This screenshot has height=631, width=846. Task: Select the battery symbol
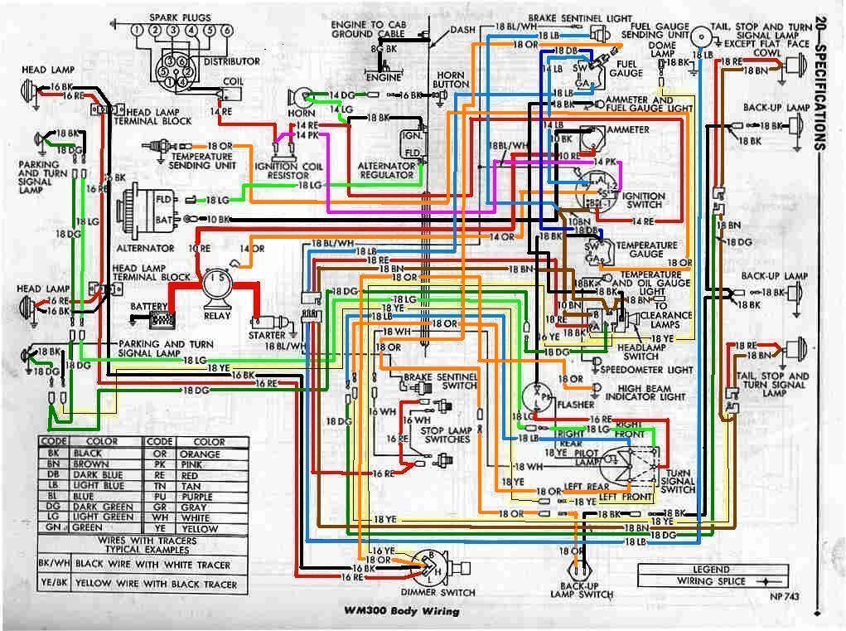[x=163, y=316]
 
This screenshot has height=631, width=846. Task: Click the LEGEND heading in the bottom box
[x=712, y=570]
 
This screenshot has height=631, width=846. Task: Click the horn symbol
[x=300, y=97]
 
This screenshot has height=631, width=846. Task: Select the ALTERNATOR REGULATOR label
[x=386, y=170]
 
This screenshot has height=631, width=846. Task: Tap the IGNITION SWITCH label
[x=644, y=201]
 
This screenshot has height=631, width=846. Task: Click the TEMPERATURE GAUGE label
[x=653, y=250]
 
